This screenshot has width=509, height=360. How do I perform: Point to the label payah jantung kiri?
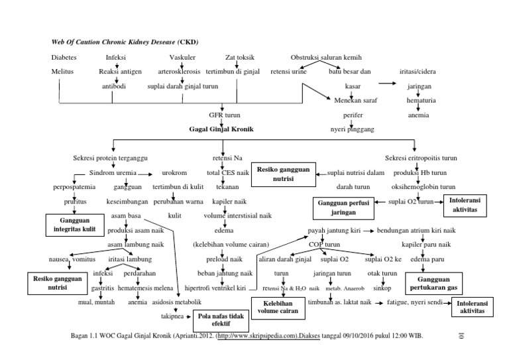click(x=335, y=231)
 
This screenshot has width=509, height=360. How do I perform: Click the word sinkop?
click(x=382, y=289)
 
